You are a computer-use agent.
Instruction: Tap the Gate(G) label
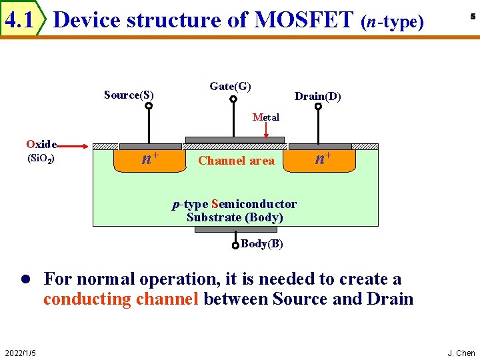pyautogui.click(x=230, y=86)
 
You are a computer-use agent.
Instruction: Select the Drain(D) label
pyautogui.click(x=318, y=97)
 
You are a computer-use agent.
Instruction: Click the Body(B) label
pyautogui.click(x=262, y=244)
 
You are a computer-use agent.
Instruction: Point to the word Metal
pyautogui.click(x=266, y=117)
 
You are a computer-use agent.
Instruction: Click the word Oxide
pyautogui.click(x=41, y=144)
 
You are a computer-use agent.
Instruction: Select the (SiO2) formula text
pyautogui.click(x=40, y=159)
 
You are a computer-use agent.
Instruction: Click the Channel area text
pyautogui.click(x=236, y=161)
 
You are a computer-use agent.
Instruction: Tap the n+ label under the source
pyautogui.click(x=150, y=159)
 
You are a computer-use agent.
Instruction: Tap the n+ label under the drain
pyautogui.click(x=323, y=159)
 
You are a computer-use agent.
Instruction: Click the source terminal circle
pyautogui.click(x=149, y=105)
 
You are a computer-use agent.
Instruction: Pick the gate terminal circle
pyautogui.click(x=233, y=100)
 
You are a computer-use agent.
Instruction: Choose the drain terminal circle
pyautogui.click(x=319, y=105)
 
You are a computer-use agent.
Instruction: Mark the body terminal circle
pyautogui.click(x=235, y=245)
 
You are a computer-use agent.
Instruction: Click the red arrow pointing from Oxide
pyautogui.click(x=76, y=145)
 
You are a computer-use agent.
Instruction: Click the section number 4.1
pyautogui.click(x=19, y=21)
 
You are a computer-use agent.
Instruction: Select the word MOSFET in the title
pyautogui.click(x=304, y=20)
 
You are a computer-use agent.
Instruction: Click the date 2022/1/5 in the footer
pyautogui.click(x=20, y=353)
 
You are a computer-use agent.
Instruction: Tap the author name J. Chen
pyautogui.click(x=461, y=353)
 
